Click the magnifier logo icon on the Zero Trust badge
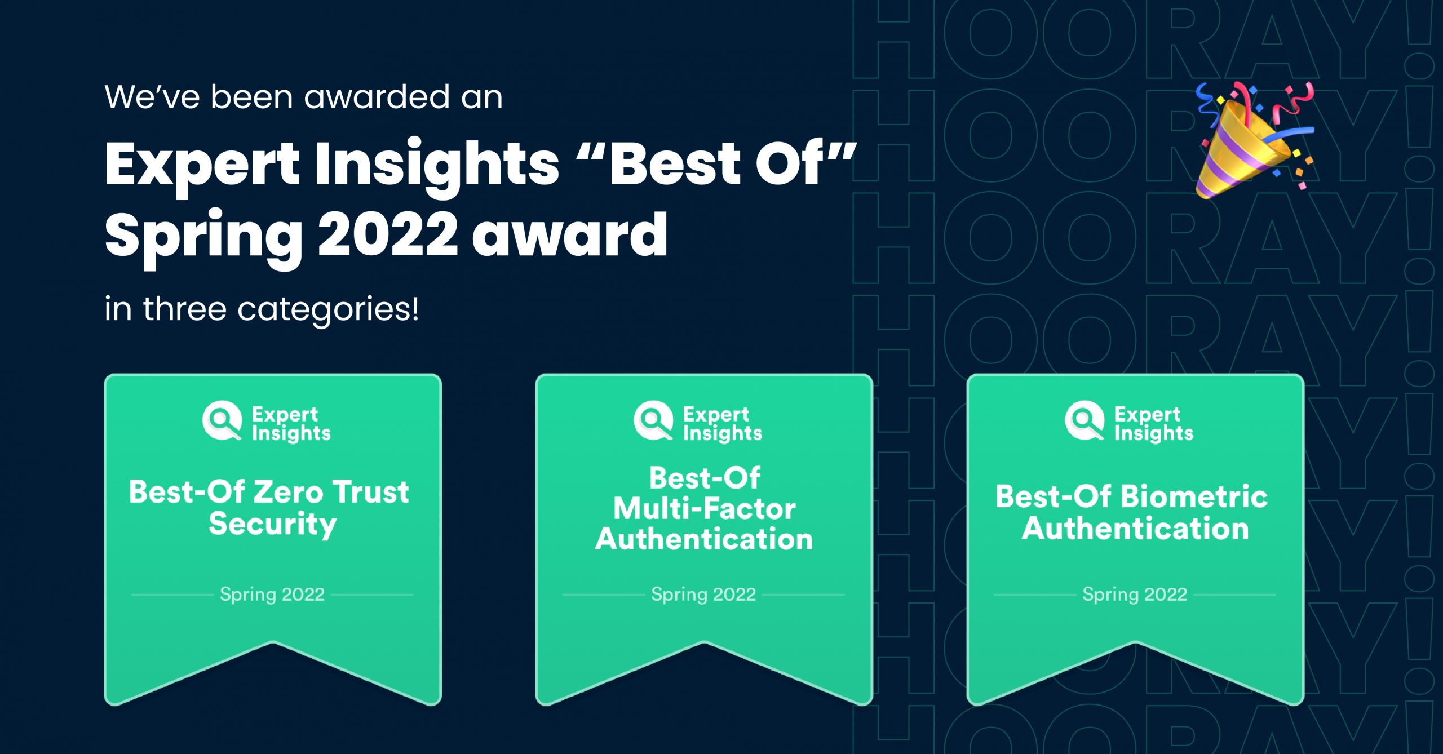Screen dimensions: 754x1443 coord(222,420)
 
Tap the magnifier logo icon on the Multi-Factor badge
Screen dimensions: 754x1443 coord(653,420)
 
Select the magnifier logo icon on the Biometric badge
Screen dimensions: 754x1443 coord(1085,420)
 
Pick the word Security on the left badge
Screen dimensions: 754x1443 coord(273,525)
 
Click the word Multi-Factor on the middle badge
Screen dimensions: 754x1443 coord(704,509)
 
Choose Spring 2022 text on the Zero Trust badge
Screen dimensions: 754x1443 coord(272,595)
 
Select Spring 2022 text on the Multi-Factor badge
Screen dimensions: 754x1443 coord(703,595)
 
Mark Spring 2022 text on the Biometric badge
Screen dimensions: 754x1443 coord(1135,595)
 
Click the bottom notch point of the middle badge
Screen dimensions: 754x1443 coord(704,644)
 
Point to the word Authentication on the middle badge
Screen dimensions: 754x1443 coord(704,539)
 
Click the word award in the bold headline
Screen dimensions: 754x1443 coord(569,234)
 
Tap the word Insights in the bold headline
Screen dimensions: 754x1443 coord(437,165)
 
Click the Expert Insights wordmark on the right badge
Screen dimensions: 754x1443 coord(1153,423)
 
